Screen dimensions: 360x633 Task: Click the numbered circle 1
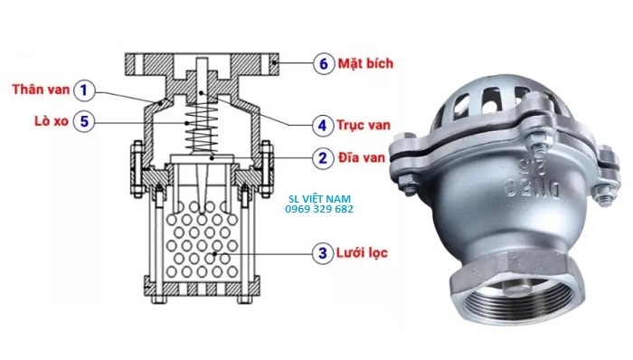point(84,90)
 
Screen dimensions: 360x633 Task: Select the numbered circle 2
point(322,157)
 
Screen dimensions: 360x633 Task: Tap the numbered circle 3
point(322,252)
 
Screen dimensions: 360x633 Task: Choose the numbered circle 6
point(322,64)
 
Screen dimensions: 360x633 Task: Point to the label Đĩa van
point(365,157)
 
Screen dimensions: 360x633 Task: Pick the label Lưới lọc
point(365,252)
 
